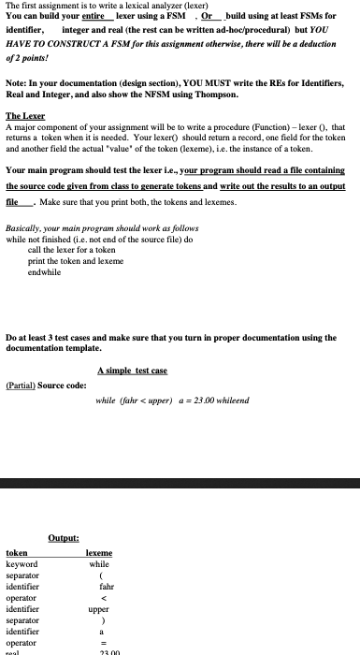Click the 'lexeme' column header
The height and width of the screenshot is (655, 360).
(99, 553)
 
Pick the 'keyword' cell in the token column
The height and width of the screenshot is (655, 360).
(22, 564)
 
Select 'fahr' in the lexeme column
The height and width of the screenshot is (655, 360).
(99, 587)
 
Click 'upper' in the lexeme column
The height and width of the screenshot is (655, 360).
(99, 609)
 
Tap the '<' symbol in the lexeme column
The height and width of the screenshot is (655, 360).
(99, 598)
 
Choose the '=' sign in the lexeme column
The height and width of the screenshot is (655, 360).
(99, 643)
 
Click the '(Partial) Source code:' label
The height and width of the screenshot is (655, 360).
(46, 386)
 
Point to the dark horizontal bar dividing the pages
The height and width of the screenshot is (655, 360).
(180, 484)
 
